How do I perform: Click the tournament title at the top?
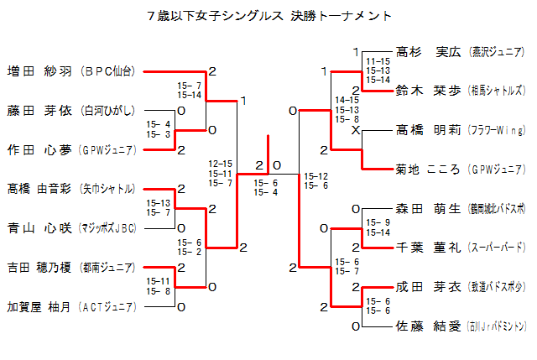[x=268, y=16]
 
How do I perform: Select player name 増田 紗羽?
[x=40, y=71]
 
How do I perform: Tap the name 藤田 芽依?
[x=40, y=110]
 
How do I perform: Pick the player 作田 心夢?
[x=40, y=149]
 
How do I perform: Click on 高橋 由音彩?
[x=40, y=189]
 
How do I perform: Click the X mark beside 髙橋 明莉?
[x=356, y=131]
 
